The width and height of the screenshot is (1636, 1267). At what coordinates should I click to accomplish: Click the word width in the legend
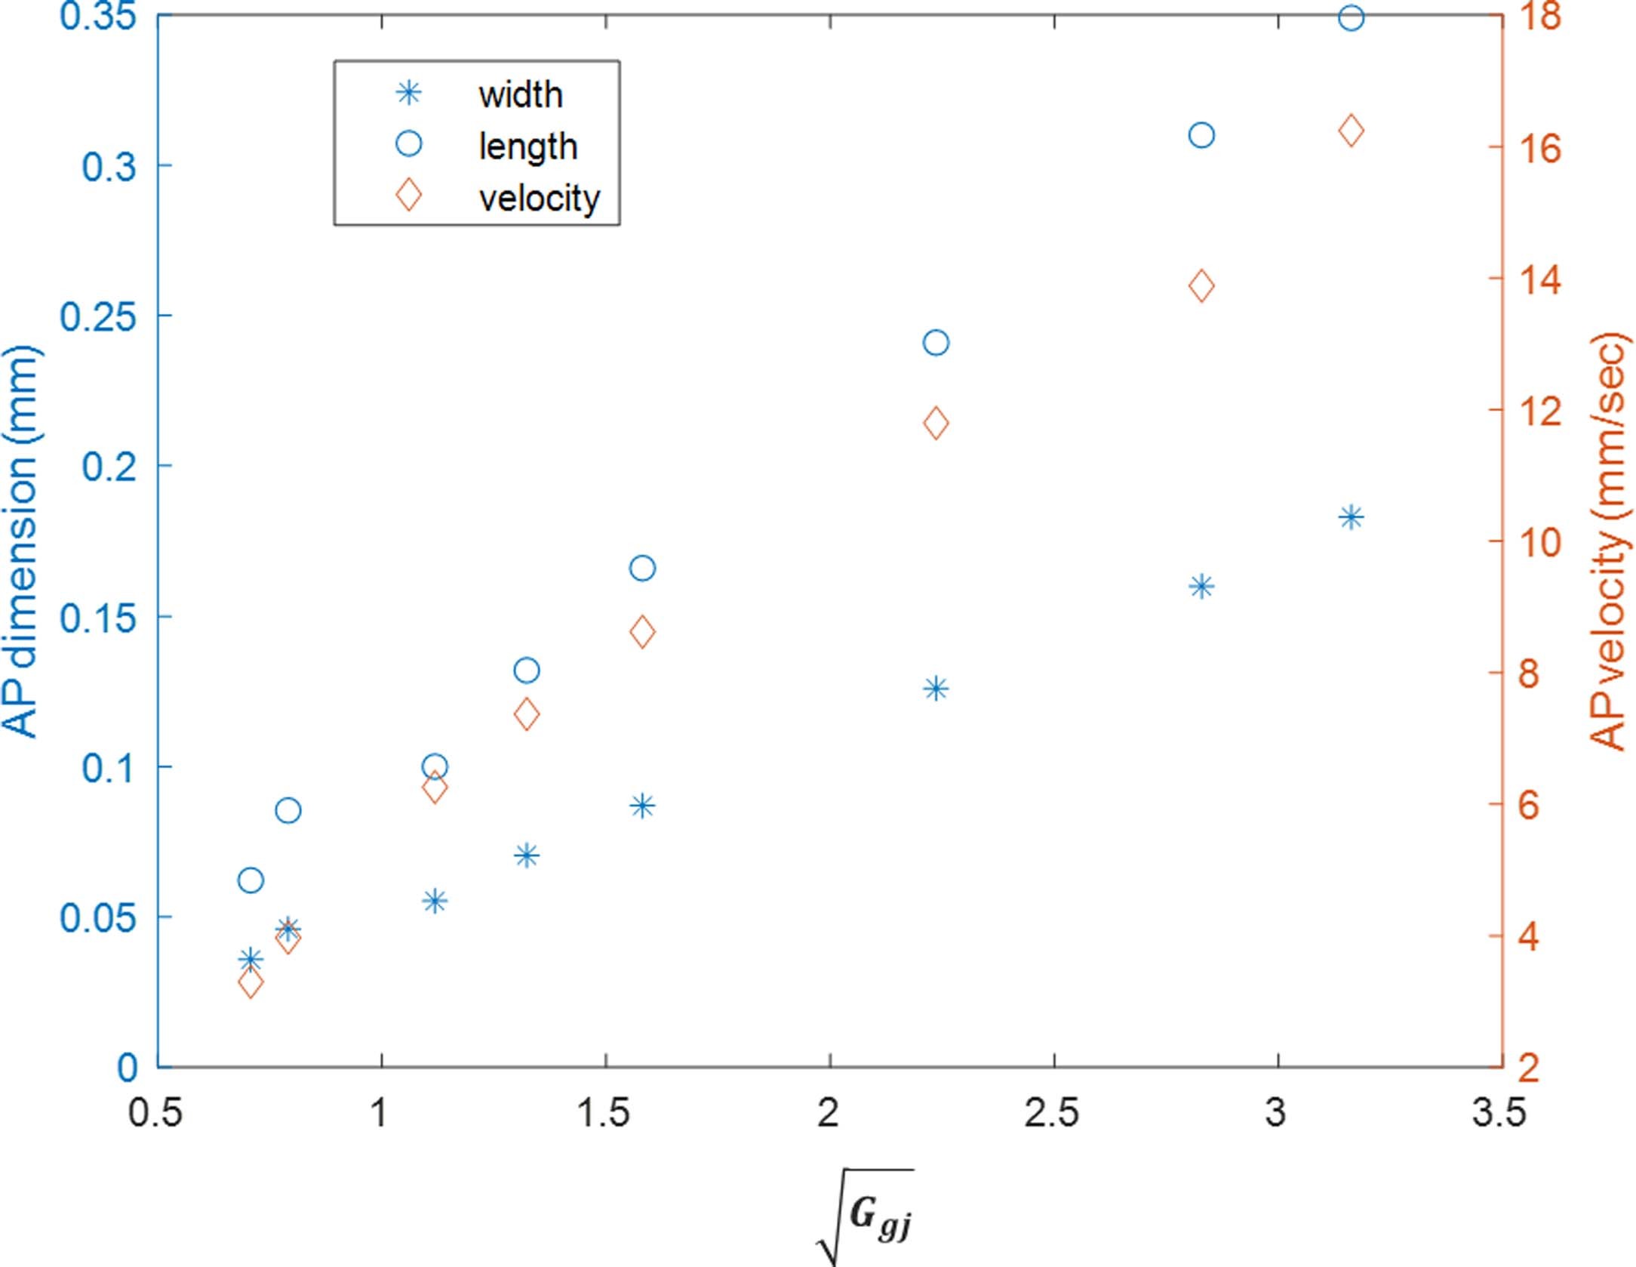click(520, 95)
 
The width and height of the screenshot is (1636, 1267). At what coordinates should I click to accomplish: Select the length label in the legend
click(527, 146)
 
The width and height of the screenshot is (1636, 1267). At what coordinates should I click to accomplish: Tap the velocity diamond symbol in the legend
click(409, 195)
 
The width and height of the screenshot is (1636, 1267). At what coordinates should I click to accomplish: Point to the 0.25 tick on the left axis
click(98, 316)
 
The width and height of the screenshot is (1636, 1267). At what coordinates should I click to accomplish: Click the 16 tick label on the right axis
click(1539, 148)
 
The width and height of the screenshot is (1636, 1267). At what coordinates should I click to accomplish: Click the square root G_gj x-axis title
click(868, 1216)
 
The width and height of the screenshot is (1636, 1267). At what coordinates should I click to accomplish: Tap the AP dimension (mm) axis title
click(21, 542)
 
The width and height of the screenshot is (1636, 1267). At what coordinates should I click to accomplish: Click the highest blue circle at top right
click(1351, 17)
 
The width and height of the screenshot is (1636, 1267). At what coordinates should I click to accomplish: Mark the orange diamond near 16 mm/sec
click(1351, 131)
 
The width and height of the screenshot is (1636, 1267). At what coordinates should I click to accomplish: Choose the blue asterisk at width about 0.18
click(1351, 518)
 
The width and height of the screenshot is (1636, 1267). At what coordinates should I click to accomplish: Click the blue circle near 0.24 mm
click(936, 343)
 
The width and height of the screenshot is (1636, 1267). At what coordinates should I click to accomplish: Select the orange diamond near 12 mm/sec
click(936, 423)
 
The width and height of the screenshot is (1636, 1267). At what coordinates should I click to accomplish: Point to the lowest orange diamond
click(251, 984)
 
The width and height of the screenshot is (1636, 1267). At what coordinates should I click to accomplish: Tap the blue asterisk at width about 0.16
click(1201, 587)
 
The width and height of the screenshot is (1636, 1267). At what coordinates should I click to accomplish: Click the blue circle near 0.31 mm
click(1201, 136)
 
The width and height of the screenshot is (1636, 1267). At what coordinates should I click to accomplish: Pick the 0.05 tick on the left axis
click(98, 917)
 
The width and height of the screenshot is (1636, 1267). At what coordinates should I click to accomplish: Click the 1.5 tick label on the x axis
click(603, 1113)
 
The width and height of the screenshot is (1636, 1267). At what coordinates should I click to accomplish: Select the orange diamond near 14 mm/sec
click(1201, 286)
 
